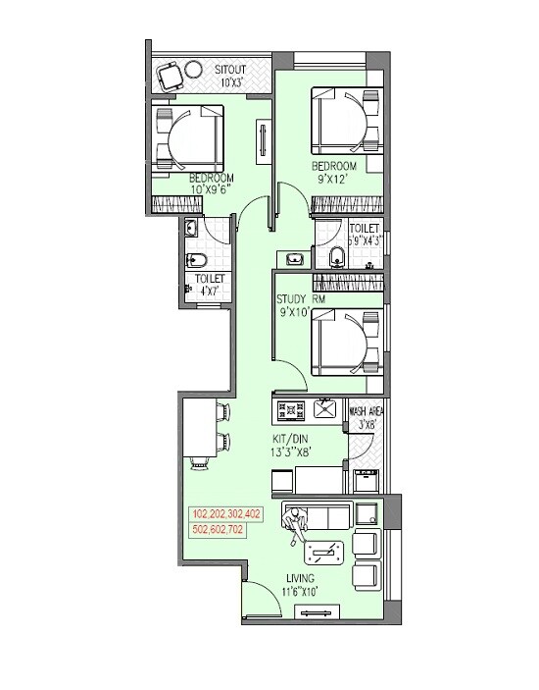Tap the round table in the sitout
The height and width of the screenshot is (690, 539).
click(194, 70)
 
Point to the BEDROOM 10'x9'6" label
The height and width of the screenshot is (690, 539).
click(212, 183)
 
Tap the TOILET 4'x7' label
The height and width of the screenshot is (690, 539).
click(210, 285)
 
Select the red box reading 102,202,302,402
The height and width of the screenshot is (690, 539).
click(226, 513)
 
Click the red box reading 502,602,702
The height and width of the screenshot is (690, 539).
click(219, 530)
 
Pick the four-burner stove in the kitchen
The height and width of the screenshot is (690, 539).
click(291, 407)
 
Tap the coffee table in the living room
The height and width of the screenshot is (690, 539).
click(325, 555)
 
